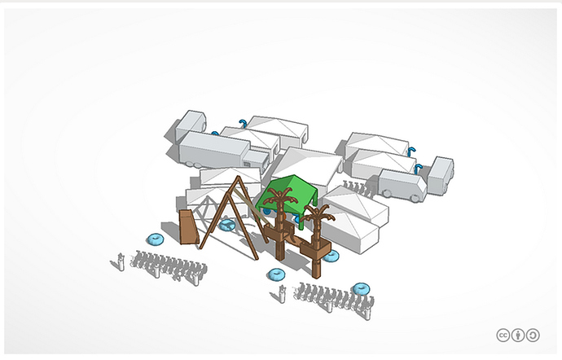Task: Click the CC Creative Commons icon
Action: (x=503, y=335)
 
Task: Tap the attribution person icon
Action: (x=517, y=335)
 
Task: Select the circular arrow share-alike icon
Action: (x=533, y=335)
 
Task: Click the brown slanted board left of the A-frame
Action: (x=188, y=227)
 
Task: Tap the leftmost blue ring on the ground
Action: (x=154, y=239)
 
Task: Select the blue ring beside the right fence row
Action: (x=361, y=288)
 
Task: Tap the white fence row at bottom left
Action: (x=163, y=266)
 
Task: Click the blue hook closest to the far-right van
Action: (x=418, y=169)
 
